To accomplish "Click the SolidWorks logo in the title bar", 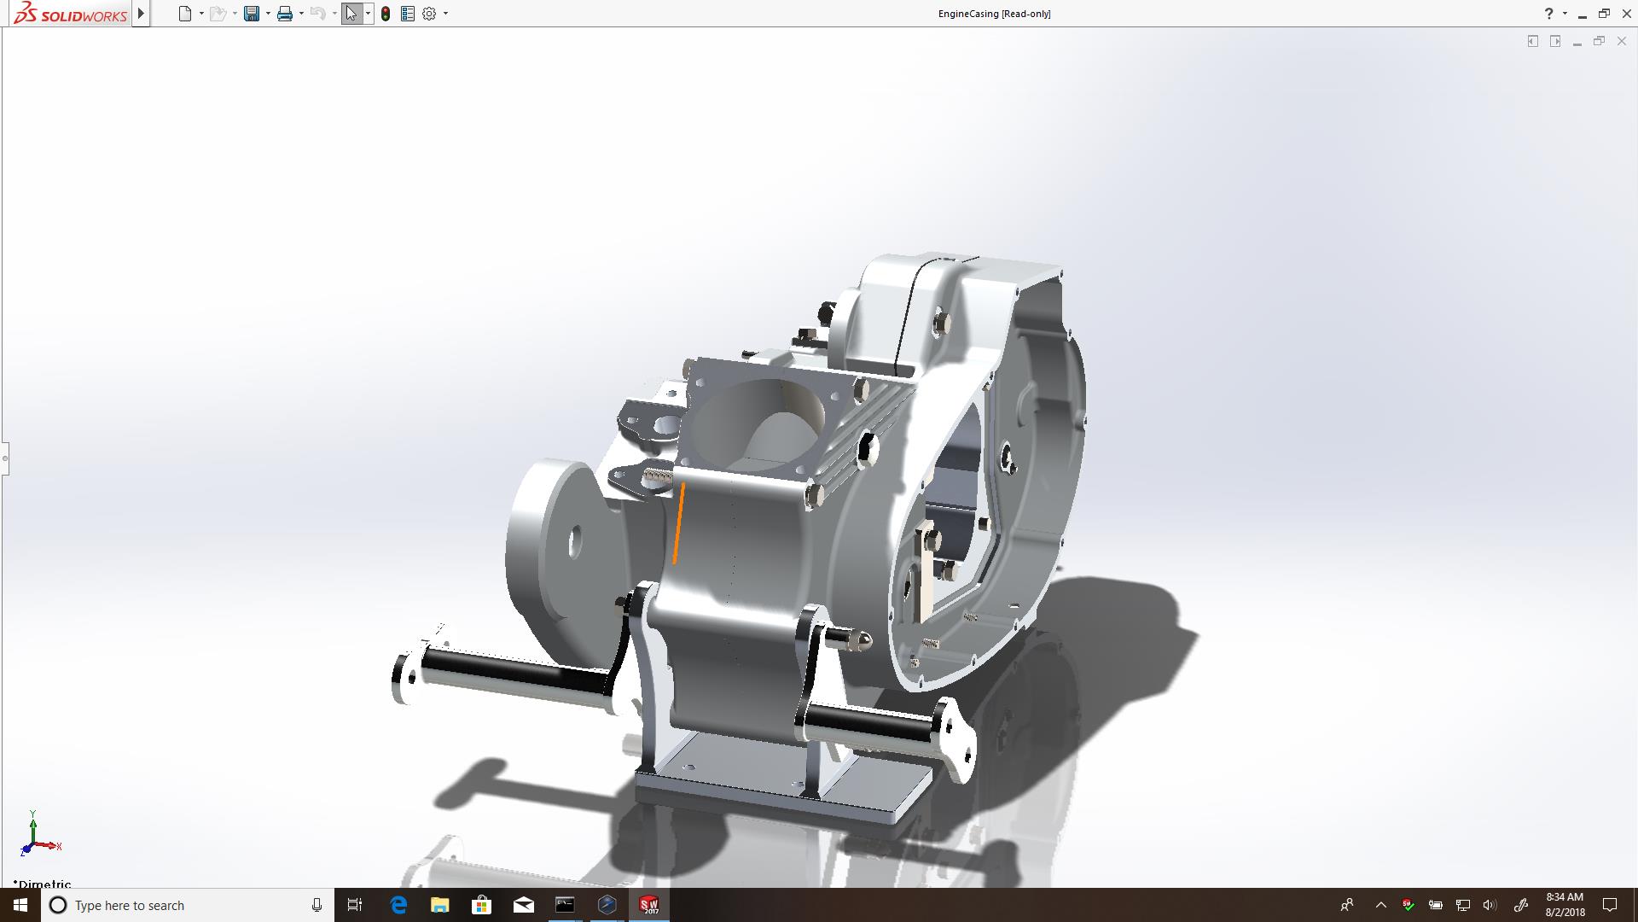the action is click(71, 14).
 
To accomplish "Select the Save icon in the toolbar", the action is click(252, 14).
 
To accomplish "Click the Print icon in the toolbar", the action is click(285, 14).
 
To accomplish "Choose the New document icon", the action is click(185, 14).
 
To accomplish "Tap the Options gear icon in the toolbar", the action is click(429, 14).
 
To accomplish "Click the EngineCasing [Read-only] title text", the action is click(994, 14).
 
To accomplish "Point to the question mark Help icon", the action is click(1548, 14).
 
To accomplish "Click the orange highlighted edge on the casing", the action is click(679, 523).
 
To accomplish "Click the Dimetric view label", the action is click(43, 884).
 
